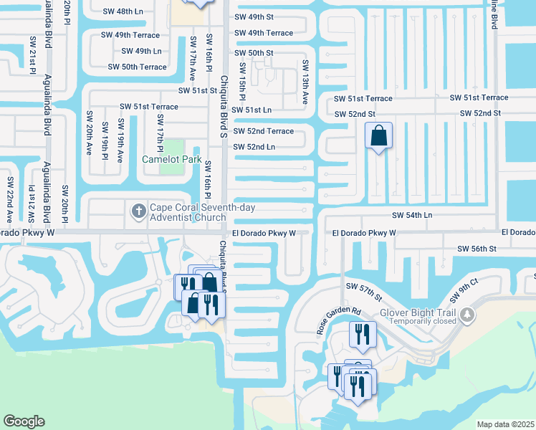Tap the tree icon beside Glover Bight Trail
coord(466,314)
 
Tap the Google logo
coord(24,421)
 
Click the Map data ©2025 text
coord(505,424)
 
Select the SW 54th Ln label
coord(412,215)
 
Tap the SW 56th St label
coord(477,248)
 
